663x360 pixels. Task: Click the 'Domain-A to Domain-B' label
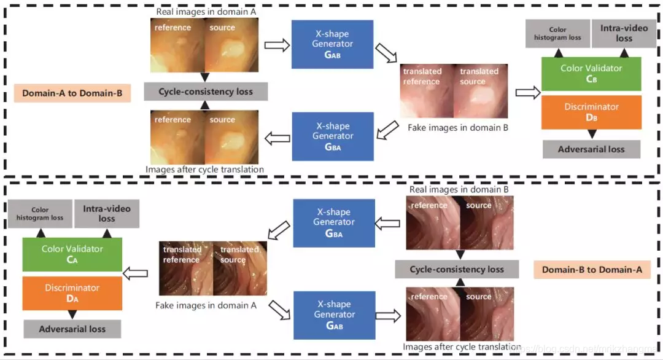[x=72, y=93]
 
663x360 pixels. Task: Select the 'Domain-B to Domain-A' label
[x=592, y=269]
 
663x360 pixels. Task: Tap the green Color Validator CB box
[x=591, y=74]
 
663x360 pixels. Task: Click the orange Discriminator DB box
[x=591, y=112]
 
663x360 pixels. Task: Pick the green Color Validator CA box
[x=72, y=254]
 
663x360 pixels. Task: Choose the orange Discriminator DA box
[x=72, y=293]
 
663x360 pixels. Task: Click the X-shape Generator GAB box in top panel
[x=332, y=44]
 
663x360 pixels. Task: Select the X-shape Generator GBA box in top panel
[x=332, y=136]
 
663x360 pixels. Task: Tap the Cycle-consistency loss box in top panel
[x=206, y=92]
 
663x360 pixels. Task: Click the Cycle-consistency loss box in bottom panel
[x=457, y=269]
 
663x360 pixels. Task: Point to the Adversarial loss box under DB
[x=591, y=149]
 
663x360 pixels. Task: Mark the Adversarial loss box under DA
[x=72, y=329]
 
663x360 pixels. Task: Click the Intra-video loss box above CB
[x=616, y=33]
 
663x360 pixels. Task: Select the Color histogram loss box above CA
[x=40, y=214]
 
